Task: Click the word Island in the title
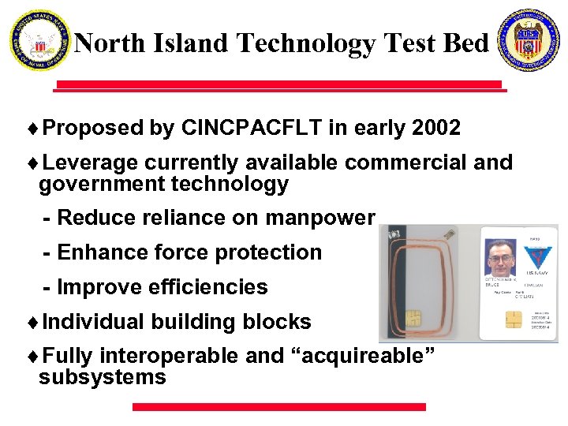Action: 195,43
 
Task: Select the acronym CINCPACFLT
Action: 251,128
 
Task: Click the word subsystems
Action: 103,377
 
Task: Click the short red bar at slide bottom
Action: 278,407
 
